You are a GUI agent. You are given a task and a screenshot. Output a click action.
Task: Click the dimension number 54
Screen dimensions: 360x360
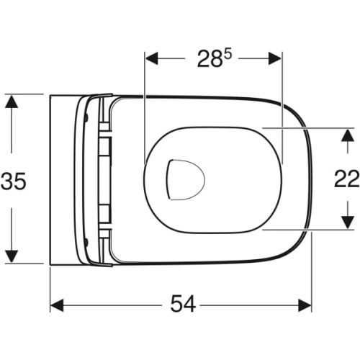[x=183, y=304]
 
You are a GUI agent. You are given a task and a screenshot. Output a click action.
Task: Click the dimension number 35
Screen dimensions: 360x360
[x=13, y=181]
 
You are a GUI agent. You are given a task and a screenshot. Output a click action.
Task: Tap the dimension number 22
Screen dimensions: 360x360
[x=346, y=179]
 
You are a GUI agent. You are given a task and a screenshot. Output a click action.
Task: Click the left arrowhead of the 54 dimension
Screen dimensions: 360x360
[x=57, y=305]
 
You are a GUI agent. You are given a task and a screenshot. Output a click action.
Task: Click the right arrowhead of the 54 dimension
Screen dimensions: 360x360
[x=305, y=305]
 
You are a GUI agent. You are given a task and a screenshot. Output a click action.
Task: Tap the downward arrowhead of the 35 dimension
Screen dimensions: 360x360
[x=12, y=256]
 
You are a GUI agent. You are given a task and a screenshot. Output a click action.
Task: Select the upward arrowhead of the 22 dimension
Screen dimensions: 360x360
[x=348, y=136]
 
